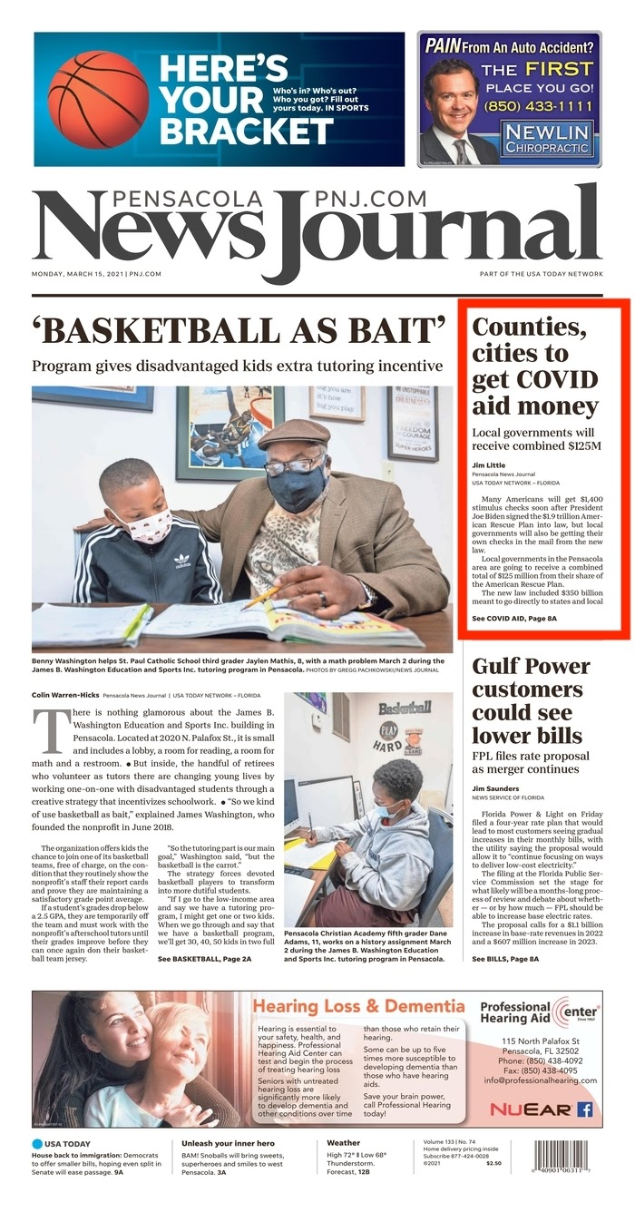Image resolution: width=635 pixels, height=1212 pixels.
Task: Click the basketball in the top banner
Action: tap(98, 99)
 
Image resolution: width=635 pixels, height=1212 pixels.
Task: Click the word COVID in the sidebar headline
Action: tap(535, 379)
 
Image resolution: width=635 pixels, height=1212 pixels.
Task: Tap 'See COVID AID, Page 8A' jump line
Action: tap(514, 618)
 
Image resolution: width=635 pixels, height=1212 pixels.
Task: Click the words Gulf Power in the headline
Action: tap(531, 667)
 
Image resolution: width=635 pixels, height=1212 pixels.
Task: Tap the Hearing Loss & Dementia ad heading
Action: tap(358, 1006)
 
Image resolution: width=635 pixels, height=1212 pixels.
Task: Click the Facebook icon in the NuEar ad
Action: tap(585, 1109)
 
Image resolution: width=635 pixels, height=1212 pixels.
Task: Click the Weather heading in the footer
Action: tap(343, 1143)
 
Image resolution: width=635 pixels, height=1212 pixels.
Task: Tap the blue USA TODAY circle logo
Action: tap(37, 1143)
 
